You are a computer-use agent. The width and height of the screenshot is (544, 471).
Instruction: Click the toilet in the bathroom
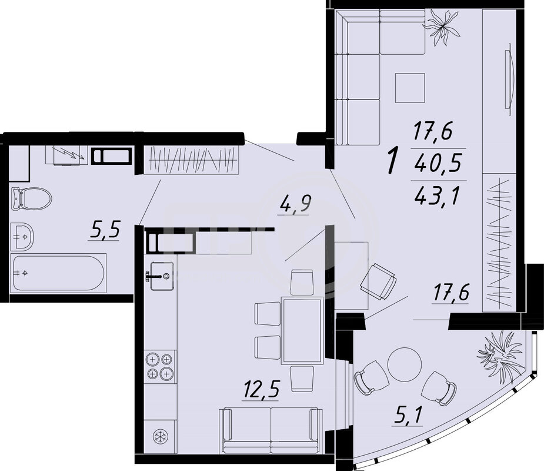[x=31, y=198]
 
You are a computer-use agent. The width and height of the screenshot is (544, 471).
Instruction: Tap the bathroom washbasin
[x=22, y=237]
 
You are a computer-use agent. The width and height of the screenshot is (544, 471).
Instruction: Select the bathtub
[x=58, y=273]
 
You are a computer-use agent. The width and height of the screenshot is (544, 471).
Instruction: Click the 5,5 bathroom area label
[x=105, y=230]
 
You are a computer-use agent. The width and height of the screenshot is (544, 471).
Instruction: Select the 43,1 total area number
[x=438, y=195]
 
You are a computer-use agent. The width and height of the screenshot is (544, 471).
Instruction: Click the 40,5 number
[x=438, y=162]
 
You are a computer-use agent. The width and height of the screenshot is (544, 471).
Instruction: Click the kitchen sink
[x=162, y=276]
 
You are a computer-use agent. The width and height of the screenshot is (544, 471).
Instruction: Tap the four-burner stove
[x=160, y=366]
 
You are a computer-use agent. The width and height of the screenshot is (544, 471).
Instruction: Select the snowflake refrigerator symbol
[x=161, y=436]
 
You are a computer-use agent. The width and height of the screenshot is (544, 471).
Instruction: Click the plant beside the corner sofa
[x=442, y=26]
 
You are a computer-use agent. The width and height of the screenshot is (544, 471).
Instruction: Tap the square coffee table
[x=410, y=88]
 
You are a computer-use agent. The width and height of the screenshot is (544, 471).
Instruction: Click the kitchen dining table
[x=302, y=330]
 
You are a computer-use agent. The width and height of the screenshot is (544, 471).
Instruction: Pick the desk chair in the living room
[x=378, y=281]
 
